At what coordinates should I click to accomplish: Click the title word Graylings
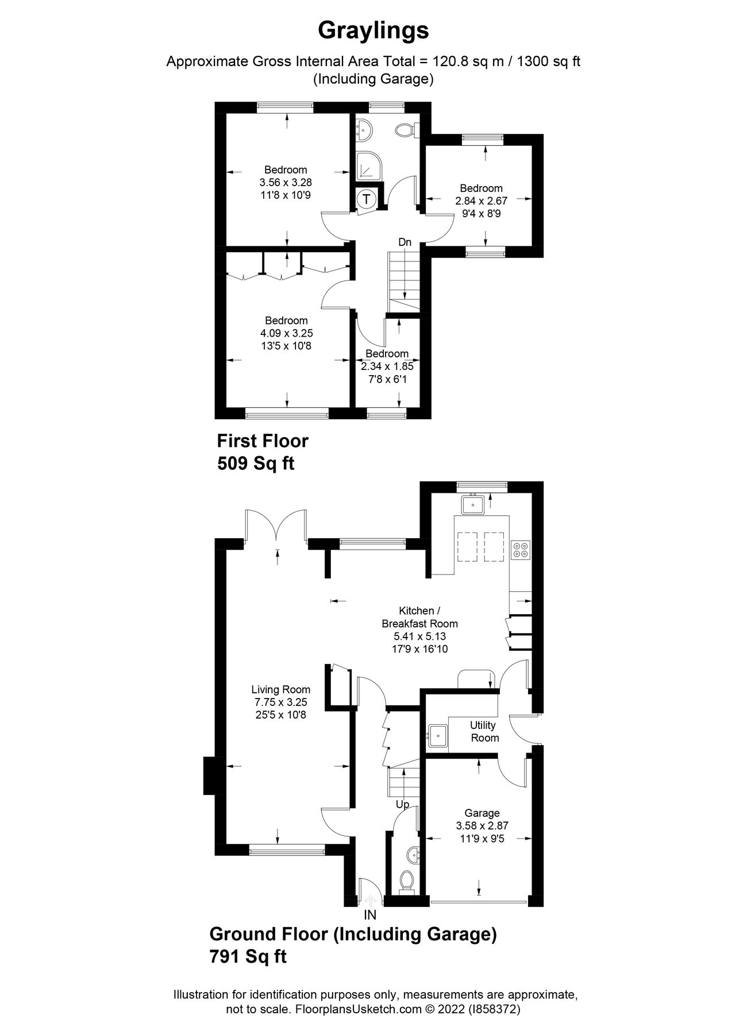373,30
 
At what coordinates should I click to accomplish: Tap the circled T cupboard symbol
367,199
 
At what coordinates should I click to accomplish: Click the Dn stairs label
405,242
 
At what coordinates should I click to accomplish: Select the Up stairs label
402,804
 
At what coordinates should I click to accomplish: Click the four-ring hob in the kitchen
521,550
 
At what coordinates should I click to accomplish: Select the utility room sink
438,735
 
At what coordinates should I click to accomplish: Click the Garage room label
482,813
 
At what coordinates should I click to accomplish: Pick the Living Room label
280,689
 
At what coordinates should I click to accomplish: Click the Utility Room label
484,731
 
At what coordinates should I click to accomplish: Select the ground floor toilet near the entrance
407,879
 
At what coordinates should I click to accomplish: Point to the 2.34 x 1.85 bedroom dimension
387,366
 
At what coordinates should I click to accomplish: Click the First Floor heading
262,441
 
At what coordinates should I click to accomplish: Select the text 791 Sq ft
248,956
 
